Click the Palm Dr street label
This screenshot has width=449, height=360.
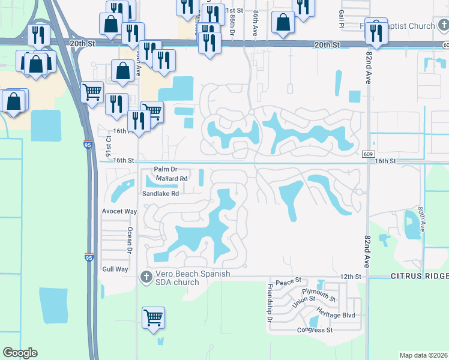(x=166, y=170)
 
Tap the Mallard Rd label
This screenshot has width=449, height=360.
(x=172, y=179)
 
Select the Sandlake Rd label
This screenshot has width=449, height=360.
(x=160, y=194)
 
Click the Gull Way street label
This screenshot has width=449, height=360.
(x=115, y=269)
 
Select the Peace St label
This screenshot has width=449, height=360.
(x=288, y=281)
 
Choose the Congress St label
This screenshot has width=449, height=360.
(x=315, y=330)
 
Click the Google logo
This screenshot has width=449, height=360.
(x=20, y=353)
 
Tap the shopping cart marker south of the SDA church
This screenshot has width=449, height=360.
(x=154, y=318)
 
